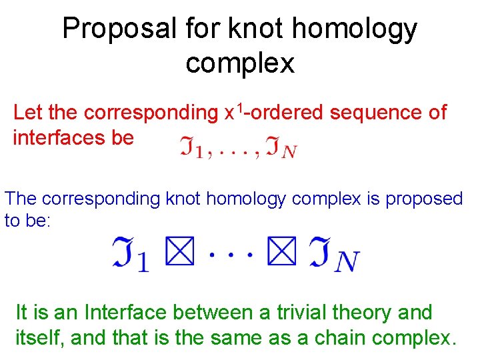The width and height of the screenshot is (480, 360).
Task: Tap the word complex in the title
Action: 240,63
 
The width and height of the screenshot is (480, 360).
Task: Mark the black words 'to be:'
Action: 27,221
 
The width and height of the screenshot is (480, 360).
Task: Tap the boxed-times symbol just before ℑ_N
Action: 285,253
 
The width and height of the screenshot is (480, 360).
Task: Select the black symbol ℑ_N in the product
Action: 333,256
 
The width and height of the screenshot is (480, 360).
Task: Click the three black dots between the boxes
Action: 232,254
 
